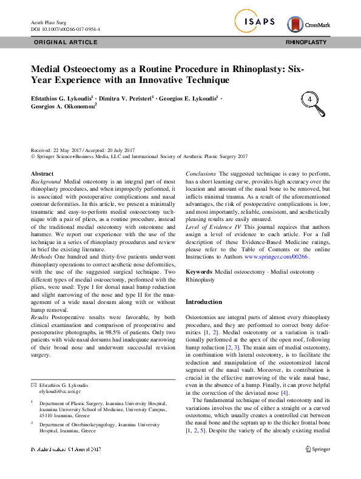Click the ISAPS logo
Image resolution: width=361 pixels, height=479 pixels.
tap(255, 22)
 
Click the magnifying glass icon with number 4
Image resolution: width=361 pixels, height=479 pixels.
tap(311, 101)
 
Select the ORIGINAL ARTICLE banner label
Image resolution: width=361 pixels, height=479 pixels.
tap(65, 42)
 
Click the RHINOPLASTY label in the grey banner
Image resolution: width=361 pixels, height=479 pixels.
tap(306, 42)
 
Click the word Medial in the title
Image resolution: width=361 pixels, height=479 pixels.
tap(47, 68)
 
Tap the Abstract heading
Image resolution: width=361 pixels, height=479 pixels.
tap(42, 174)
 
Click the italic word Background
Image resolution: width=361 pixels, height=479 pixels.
tap(46, 182)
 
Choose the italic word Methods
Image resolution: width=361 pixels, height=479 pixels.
tap(42, 259)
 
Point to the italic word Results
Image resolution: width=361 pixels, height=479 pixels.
tap(42, 317)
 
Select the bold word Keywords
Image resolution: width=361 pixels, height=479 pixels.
tap(198, 273)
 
